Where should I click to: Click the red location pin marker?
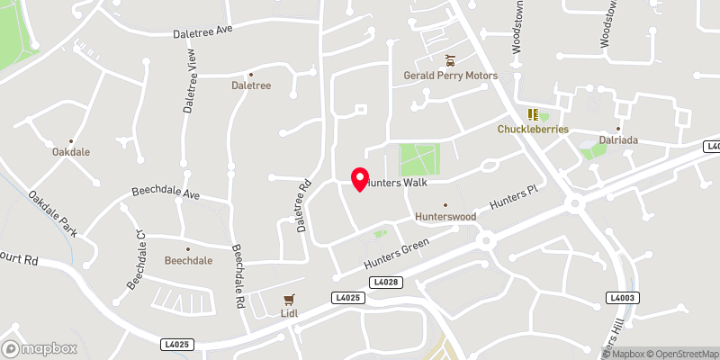(x=359, y=179)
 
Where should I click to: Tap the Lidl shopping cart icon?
(x=289, y=299)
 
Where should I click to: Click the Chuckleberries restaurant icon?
(x=533, y=114)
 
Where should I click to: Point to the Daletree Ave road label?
(x=202, y=31)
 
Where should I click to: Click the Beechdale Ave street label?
(x=166, y=192)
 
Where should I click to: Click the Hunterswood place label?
(x=444, y=217)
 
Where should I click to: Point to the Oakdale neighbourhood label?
(x=71, y=152)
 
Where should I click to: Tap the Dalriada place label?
(x=618, y=139)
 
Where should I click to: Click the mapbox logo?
(x=39, y=348)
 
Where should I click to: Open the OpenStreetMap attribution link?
(x=681, y=354)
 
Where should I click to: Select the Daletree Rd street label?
(x=303, y=205)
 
